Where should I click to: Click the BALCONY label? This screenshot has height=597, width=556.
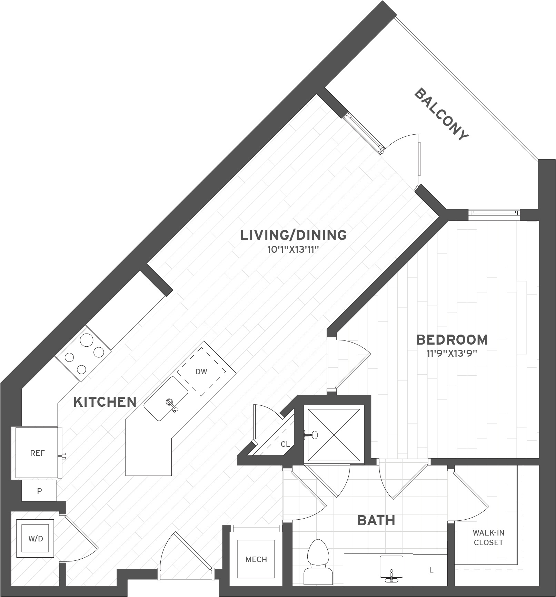[x=441, y=115]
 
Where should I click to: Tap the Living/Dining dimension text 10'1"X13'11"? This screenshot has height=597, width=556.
[x=292, y=250]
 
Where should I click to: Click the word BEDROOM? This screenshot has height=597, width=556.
[x=452, y=340]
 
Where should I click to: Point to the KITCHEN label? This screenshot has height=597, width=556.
[x=105, y=402]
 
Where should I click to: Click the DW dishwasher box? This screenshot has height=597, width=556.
[x=201, y=372]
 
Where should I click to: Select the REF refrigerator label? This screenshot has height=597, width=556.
[x=37, y=453]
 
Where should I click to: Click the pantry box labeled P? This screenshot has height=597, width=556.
[x=39, y=491]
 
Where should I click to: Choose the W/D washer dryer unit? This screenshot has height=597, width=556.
[x=36, y=538]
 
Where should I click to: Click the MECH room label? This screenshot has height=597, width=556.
[x=256, y=559]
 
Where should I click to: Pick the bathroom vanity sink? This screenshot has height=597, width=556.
[x=391, y=567]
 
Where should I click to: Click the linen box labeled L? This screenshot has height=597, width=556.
[x=431, y=570]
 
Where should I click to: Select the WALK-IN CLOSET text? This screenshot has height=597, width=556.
[x=488, y=538]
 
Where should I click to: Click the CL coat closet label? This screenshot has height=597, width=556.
[x=285, y=444]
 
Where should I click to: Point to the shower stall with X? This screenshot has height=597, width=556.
[x=334, y=435]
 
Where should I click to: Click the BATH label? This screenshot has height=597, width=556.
[x=376, y=520]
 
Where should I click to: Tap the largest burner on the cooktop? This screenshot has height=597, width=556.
[x=86, y=340]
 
